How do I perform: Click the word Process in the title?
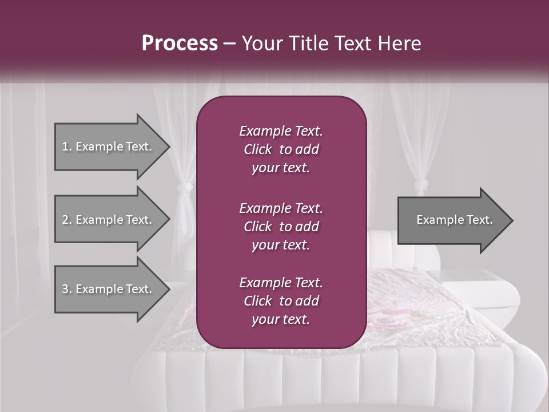[180, 43]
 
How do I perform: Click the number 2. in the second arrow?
[66, 220]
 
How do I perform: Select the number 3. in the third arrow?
[66, 289]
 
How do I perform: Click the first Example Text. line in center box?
[281, 131]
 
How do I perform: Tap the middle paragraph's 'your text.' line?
[281, 245]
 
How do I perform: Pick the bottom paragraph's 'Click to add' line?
[281, 301]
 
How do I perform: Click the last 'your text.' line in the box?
[281, 320]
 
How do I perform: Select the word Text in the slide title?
[352, 43]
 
